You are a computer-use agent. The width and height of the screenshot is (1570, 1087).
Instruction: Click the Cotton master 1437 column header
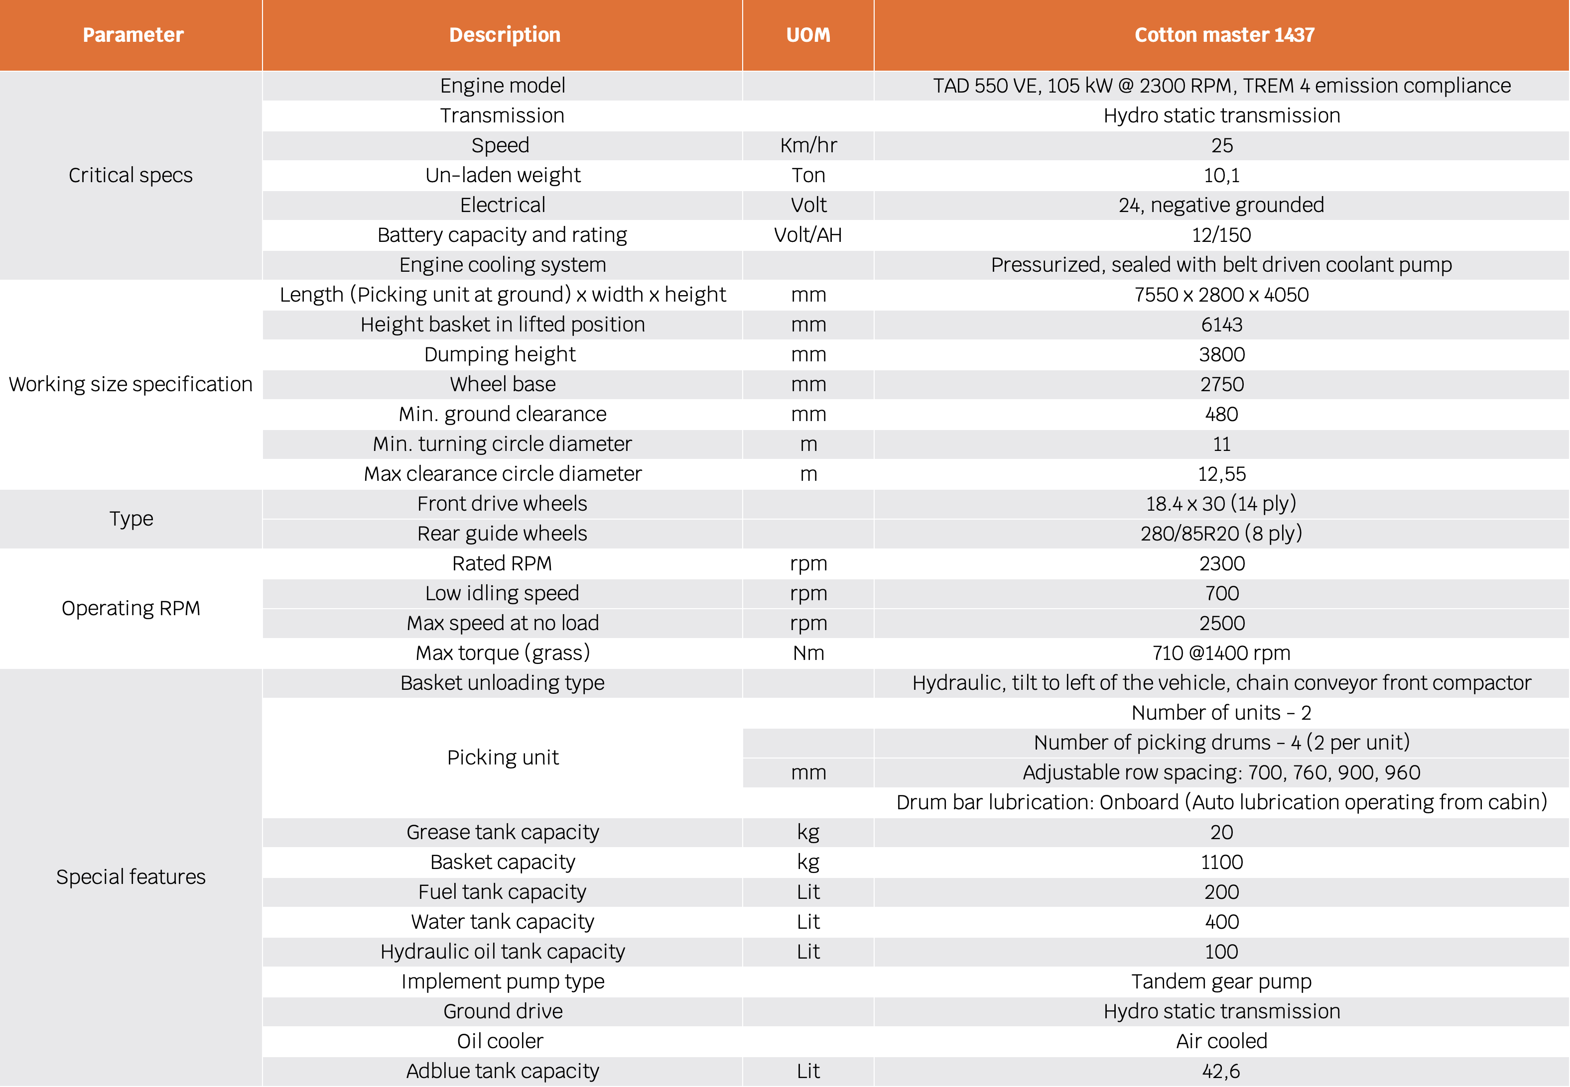[1224, 35]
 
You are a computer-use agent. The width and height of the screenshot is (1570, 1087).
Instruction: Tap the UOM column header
[808, 35]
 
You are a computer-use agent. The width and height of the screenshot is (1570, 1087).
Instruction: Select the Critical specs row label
[131, 175]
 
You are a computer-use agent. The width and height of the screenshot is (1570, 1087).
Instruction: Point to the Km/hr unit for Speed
[808, 145]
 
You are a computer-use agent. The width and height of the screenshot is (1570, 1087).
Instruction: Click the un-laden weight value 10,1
[1221, 175]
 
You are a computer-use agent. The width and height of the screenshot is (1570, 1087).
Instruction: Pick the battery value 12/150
[1221, 235]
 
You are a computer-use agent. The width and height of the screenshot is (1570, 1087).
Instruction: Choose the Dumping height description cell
[502, 354]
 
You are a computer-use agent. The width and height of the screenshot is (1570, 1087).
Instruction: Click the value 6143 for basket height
[1221, 324]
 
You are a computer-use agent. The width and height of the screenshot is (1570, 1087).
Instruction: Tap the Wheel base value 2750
[1221, 384]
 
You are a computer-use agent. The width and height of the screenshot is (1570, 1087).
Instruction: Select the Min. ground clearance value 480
[1221, 414]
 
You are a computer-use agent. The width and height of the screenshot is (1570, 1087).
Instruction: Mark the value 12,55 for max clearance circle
[1221, 474]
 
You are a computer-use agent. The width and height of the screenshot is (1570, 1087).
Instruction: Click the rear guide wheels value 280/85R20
[1221, 533]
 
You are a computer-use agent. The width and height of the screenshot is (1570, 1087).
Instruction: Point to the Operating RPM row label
[131, 608]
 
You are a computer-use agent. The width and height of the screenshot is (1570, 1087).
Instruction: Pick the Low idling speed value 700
[1221, 593]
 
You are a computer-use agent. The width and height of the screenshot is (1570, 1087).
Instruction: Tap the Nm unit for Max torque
[808, 653]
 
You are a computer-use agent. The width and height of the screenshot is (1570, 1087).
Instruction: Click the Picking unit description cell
[502, 758]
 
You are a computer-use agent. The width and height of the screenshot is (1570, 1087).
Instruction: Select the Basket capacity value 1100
[1221, 862]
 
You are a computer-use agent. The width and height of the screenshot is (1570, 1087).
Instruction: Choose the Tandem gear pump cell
[1221, 981]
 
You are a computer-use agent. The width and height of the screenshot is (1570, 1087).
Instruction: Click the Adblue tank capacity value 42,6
[1221, 1072]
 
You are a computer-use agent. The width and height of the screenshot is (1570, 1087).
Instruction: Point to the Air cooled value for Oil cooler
[1221, 1041]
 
